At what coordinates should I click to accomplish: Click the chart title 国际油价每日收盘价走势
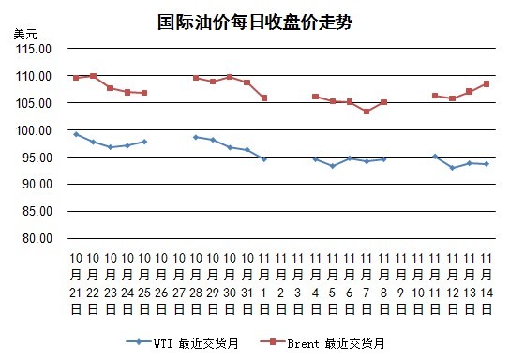pos(255,22)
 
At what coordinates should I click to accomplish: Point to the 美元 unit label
pos(25,34)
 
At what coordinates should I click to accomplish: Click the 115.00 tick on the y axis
pos(34,49)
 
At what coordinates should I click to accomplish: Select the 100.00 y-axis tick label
pos(34,130)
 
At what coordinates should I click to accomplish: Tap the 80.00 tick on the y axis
pos(37,238)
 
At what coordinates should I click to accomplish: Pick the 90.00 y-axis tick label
pos(37,184)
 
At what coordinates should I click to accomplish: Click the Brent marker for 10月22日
pos(93,76)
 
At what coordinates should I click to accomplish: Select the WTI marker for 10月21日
pos(76,134)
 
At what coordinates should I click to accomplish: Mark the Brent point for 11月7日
pos(367,112)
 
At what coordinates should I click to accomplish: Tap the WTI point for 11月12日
pos(452,168)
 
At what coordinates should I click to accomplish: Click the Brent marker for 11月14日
pos(487,83)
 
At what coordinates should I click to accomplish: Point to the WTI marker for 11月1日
pos(264,159)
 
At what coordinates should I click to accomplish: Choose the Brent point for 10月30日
pos(230,77)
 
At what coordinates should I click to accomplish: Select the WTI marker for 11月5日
pos(333,166)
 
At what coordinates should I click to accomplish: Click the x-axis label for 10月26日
pos(161,283)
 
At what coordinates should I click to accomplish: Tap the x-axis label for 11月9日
pos(400,283)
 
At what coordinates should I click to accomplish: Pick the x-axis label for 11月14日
pos(487,283)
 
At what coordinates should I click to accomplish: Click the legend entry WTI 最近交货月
pos(183,343)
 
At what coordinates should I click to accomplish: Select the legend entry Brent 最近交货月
pos(322,343)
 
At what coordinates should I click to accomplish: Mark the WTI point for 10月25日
pos(144,142)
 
